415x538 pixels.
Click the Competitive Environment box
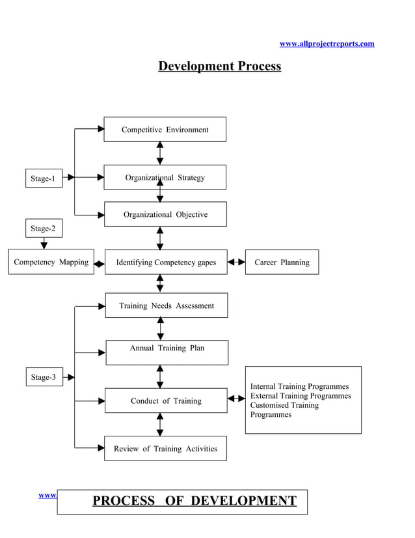click(x=165, y=130)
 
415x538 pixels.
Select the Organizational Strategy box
click(x=165, y=177)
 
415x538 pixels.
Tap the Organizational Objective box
click(x=165, y=214)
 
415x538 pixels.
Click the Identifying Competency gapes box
click(x=166, y=262)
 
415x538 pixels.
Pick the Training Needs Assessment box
click(x=166, y=305)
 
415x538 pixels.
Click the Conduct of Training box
click(x=166, y=401)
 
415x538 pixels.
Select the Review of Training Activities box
click(x=165, y=449)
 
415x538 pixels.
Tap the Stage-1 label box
click(x=44, y=178)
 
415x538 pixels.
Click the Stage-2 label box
click(x=44, y=229)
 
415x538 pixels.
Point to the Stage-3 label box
click(x=44, y=377)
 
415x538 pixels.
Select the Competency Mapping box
click(x=51, y=262)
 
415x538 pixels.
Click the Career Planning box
click(x=282, y=262)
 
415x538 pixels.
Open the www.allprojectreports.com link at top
click(x=327, y=44)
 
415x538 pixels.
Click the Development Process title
click(x=220, y=66)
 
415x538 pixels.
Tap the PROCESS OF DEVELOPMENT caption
click(x=194, y=501)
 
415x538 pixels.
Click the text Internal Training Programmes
click(x=299, y=386)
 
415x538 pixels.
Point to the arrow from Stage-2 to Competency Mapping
click(x=44, y=244)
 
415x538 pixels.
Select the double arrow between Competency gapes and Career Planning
click(x=236, y=262)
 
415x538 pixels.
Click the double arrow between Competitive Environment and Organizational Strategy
click(x=160, y=153)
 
